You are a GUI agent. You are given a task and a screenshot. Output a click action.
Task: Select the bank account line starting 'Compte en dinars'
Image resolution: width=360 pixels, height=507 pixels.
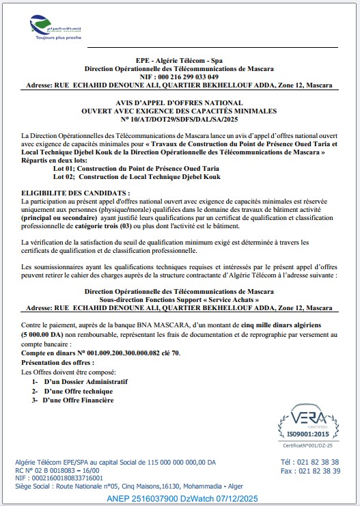point(101,353)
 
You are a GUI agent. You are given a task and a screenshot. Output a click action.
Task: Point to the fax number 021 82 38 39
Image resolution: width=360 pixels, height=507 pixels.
point(309,471)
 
